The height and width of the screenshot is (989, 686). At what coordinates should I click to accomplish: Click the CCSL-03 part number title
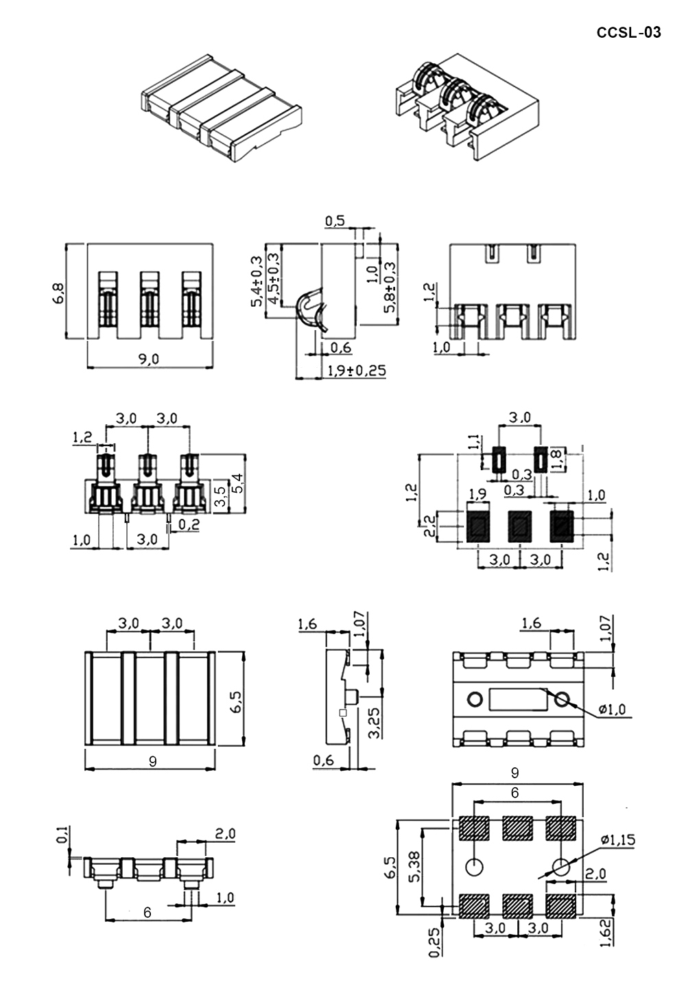tap(628, 33)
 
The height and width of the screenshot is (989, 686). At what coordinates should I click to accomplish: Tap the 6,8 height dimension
tap(58, 293)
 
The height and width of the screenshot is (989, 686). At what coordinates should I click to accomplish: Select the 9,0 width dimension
tap(149, 359)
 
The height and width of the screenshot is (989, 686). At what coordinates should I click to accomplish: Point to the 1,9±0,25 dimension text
tap(357, 371)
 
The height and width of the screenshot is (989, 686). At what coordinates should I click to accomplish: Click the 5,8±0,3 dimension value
tap(390, 288)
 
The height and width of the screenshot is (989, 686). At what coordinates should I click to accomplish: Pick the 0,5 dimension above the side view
tap(335, 221)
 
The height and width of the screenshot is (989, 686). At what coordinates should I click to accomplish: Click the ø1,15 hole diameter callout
tap(617, 839)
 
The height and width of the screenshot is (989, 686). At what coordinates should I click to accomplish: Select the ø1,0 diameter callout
tap(613, 710)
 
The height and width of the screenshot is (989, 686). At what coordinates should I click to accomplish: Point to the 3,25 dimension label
tap(375, 723)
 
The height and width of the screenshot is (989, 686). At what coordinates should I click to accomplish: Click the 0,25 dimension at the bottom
tap(435, 954)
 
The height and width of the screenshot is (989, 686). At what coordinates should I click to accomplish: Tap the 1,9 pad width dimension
tap(477, 494)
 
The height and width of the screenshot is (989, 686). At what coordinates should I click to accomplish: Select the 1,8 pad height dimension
tap(557, 459)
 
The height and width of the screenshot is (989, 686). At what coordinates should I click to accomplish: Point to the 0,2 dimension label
tap(189, 524)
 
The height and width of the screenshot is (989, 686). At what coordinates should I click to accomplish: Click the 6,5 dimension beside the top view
tap(237, 701)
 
